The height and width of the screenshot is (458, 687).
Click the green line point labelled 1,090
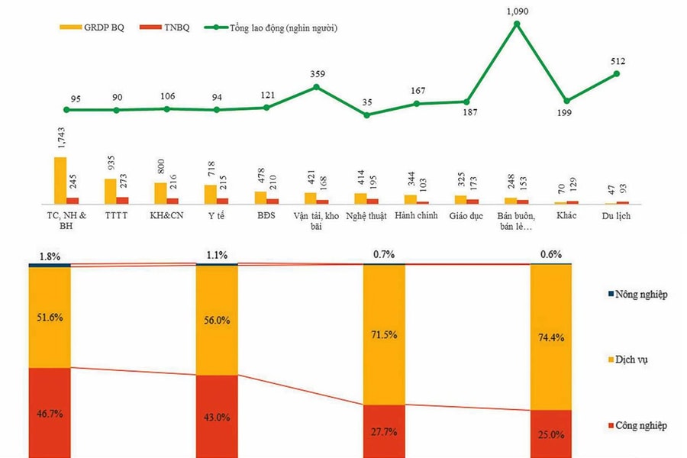[517, 24]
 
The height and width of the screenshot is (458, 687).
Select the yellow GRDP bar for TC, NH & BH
[60, 179]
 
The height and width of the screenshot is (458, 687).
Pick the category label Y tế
[216, 216]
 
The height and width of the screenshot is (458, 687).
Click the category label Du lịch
[616, 216]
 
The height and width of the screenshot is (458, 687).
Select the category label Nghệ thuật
[366, 216]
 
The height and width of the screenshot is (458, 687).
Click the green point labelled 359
[316, 87]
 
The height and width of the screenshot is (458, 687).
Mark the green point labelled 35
[366, 115]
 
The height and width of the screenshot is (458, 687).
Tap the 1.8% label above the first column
[50, 256]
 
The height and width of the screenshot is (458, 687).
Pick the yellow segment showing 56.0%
[217, 321]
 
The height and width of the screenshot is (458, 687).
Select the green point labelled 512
[616, 73]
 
